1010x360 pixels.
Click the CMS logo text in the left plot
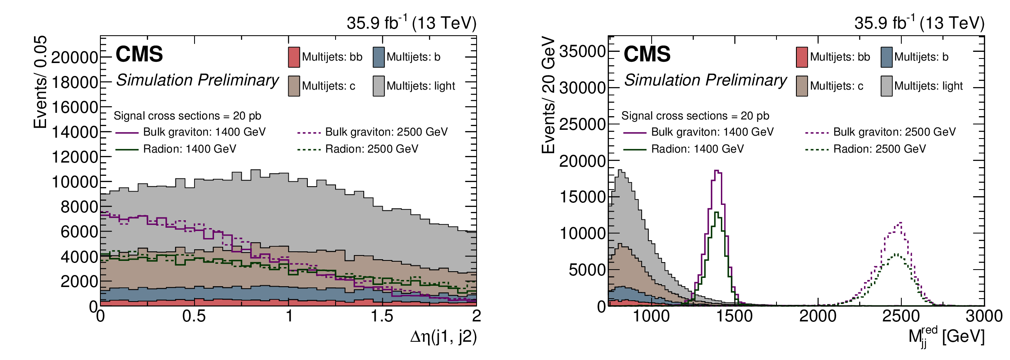coord(139,54)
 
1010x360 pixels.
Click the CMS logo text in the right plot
coord(647,54)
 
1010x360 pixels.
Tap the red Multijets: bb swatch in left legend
coord(294,57)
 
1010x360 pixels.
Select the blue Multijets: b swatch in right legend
coord(887,57)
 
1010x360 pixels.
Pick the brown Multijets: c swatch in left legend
coord(294,86)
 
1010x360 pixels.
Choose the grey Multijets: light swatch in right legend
coord(887,86)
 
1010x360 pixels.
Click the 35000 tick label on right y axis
coord(582,51)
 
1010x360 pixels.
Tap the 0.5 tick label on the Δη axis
coord(194,316)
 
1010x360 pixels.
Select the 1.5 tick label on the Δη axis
coord(382,316)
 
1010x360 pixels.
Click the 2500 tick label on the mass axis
coord(901,316)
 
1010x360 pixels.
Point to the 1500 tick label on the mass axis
coord(734,316)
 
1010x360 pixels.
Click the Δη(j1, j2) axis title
coord(443,337)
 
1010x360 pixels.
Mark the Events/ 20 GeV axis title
coord(549,95)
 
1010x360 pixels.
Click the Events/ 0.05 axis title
coord(41,82)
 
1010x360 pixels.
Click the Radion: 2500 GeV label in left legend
coord(372,149)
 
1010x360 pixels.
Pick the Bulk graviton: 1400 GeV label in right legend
coord(712,132)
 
